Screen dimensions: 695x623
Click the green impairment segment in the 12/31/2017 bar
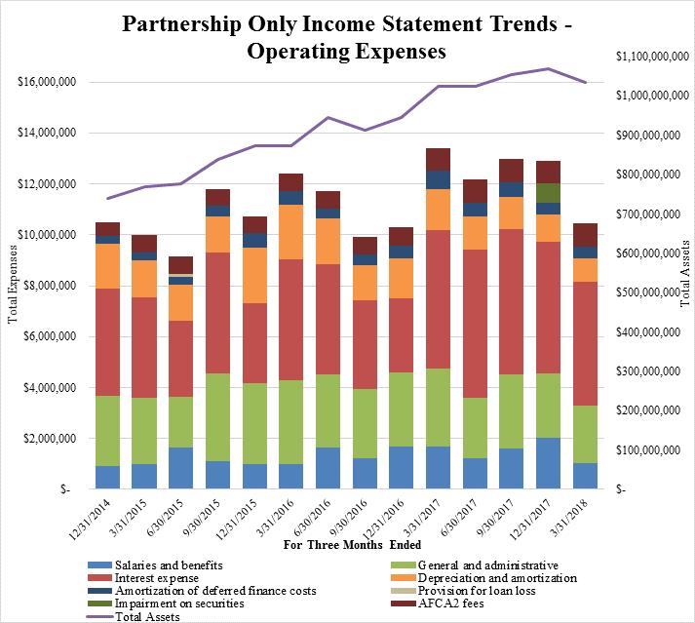(548, 193)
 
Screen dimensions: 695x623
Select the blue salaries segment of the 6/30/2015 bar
(181, 468)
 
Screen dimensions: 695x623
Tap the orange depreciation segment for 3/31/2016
(290, 232)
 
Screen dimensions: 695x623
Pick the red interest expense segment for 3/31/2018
(585, 343)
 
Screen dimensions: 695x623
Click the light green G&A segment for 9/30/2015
(217, 417)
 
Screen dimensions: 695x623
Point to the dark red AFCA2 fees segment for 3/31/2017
(438, 160)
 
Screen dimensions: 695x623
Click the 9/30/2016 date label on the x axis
(350, 518)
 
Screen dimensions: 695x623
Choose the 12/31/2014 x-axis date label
(92, 519)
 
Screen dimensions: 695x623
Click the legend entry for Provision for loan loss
(463, 591)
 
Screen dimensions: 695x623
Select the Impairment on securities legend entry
(167, 604)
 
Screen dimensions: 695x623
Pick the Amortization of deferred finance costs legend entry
(202, 591)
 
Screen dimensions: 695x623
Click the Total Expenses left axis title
(13, 285)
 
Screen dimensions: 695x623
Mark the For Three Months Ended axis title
(353, 544)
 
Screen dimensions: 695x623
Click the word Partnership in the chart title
(181, 24)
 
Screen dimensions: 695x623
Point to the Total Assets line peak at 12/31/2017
(548, 68)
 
